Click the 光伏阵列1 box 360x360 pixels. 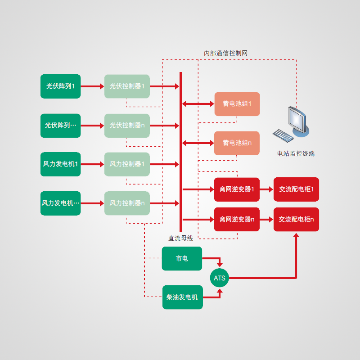pos(61,86)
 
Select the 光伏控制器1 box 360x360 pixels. pos(127,86)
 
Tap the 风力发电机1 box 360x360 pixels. pos(61,164)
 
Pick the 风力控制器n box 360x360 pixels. pos(127,203)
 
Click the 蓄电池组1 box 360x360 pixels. pos(237,104)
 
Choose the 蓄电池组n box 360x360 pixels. pos(237,143)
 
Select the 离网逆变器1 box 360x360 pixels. pos(237,189)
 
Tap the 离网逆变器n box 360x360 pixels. pos(237,220)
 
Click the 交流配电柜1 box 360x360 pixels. pos(296,189)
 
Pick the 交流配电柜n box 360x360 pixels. pos(296,220)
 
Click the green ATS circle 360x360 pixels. pos(219,278)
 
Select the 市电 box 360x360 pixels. pos(182,259)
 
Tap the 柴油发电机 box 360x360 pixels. pos(182,297)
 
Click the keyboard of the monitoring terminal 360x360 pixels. pos(283,135)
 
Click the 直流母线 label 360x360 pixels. pos(180,238)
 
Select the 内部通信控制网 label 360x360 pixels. pos(226,53)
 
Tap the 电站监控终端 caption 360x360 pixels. pos(296,153)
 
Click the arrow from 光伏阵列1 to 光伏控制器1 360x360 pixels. pos(92,86)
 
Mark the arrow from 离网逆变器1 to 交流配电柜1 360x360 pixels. pos(266,189)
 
